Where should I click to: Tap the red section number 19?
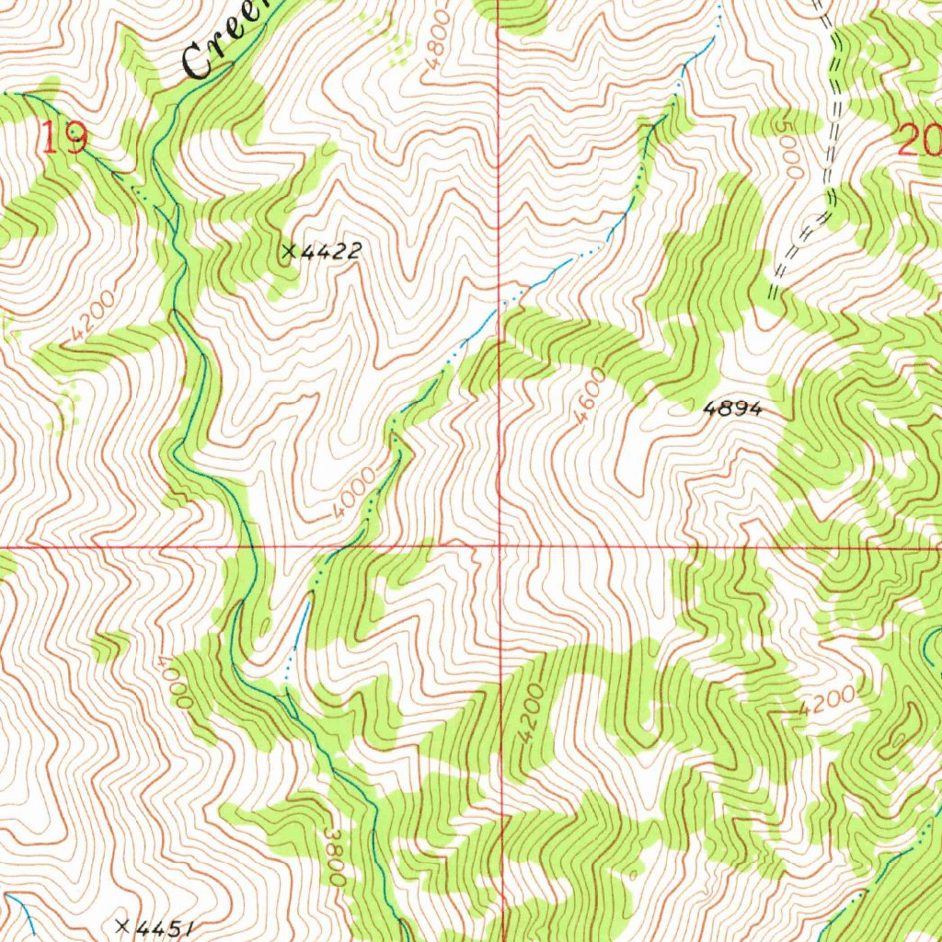point(64,140)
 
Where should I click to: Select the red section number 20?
point(920,143)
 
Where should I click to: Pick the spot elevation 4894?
point(732,409)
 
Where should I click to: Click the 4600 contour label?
point(590,396)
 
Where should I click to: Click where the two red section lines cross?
point(500,546)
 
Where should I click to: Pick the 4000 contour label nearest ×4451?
point(172,681)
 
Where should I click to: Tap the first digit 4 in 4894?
point(709,409)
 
